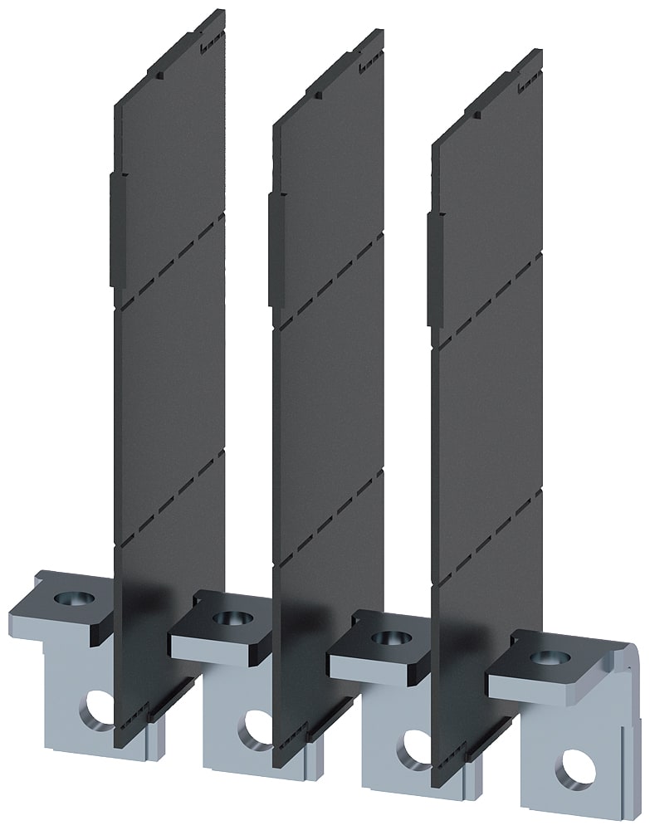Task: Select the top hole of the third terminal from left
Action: point(384,638)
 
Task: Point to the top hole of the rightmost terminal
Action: point(544,657)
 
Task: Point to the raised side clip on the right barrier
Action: point(432,269)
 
